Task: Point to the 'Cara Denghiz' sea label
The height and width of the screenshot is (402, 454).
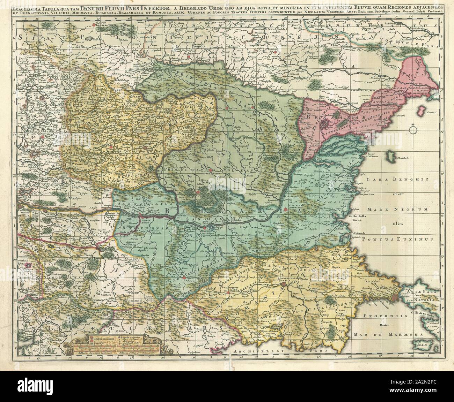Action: (395, 180)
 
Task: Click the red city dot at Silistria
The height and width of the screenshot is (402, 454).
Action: (286, 209)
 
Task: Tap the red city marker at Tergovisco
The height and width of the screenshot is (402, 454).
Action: (210, 181)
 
